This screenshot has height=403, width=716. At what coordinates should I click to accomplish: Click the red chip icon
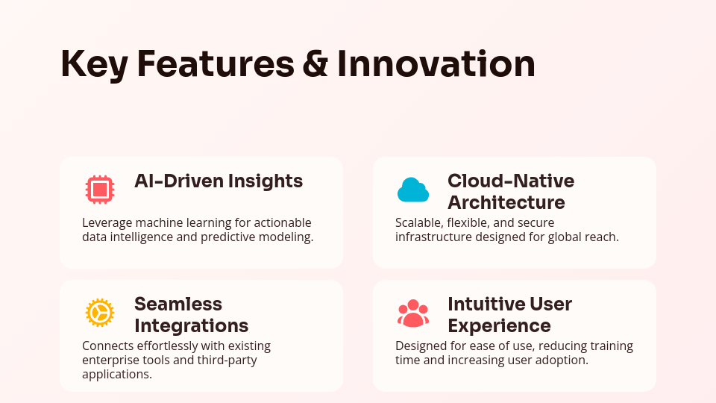pos(100,189)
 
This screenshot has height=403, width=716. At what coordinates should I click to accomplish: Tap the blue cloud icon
pos(413,190)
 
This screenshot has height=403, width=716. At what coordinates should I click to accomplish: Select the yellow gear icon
pos(100,313)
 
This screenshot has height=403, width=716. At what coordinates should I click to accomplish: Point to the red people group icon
pos(413,313)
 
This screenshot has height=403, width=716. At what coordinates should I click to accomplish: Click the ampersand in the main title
pos(315,64)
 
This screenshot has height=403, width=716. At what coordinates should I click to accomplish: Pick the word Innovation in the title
pos(436,64)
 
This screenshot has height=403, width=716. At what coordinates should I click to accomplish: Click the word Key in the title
pos(95,65)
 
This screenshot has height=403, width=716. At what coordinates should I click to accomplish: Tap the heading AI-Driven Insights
pos(219,181)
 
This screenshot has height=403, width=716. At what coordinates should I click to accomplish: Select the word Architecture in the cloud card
pos(506,202)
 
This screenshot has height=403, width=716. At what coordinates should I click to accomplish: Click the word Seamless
pos(178,304)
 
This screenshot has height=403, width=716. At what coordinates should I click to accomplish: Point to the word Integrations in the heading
pos(192,326)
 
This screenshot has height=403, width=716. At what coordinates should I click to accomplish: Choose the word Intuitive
pos(483,304)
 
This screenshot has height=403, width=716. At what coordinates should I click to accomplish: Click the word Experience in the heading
pos(499,326)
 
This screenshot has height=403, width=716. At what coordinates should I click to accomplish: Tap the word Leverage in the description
pos(107,223)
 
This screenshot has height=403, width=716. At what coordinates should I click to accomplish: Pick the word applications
pos(117,375)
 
